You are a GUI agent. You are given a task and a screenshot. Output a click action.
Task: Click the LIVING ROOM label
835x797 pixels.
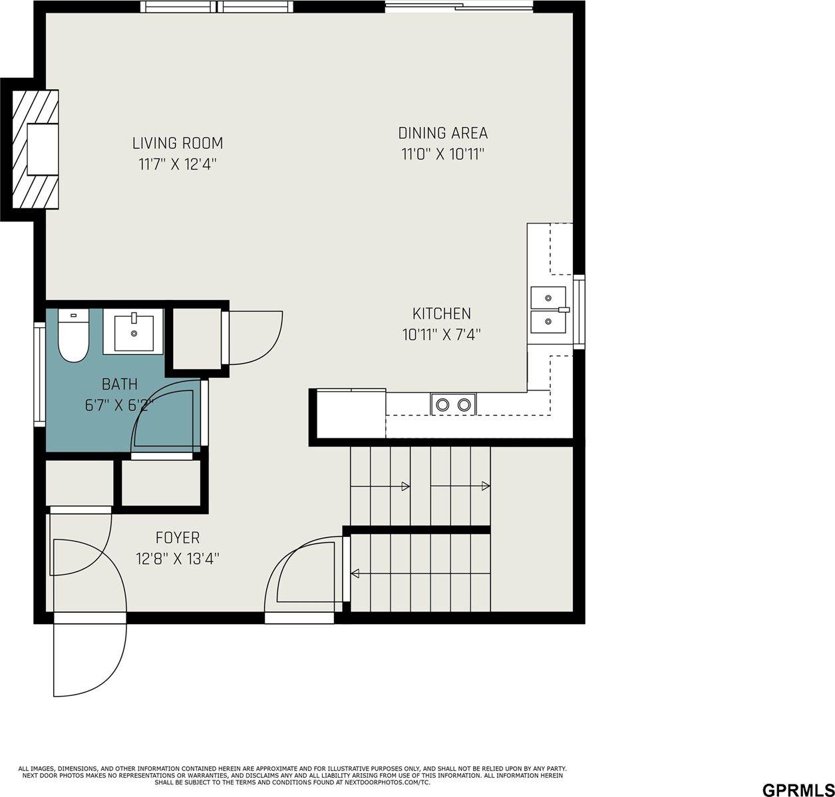point(178,143)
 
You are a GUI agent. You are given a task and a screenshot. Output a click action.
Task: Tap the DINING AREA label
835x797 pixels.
point(442,133)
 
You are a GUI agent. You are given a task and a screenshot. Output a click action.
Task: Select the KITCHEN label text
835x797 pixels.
point(442,313)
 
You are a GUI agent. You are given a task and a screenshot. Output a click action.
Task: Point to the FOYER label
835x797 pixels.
point(178,538)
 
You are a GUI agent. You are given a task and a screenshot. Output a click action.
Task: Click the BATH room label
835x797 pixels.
point(120,384)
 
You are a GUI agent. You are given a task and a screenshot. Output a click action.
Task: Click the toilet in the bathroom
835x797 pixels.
point(73,335)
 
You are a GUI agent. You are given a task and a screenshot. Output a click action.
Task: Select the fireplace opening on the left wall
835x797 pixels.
point(43,149)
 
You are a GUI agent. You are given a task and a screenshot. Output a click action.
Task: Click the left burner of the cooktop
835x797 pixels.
point(442,404)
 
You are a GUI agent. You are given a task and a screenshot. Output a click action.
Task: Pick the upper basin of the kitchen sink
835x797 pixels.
point(548,297)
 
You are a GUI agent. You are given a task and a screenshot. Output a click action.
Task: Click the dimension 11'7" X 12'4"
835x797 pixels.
point(178,164)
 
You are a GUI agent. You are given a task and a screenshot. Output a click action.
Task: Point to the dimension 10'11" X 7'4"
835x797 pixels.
point(442,335)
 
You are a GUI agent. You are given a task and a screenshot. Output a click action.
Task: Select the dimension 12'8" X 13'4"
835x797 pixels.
point(178,558)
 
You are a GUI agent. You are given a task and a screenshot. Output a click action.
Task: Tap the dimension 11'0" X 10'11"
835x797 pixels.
point(443,154)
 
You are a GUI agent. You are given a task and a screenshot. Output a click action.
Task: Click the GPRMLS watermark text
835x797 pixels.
point(798,790)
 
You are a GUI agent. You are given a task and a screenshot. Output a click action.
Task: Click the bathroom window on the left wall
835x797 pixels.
point(39,375)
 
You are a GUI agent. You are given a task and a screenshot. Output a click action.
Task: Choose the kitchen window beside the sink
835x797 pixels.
point(579,312)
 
